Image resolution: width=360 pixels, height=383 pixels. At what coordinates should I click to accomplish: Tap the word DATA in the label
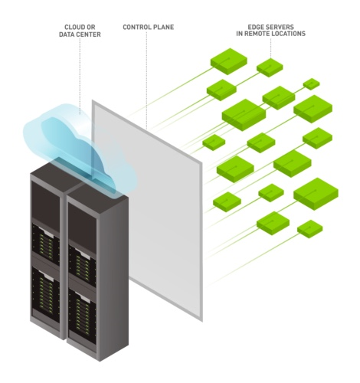(x=67, y=34)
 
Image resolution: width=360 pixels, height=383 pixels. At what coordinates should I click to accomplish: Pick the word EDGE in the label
(x=256, y=27)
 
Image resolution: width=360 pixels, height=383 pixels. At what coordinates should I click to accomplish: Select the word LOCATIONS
(x=289, y=34)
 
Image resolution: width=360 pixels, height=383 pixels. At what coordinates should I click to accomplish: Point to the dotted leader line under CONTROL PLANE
(x=147, y=80)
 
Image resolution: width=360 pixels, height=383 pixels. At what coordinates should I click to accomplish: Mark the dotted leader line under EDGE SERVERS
(x=270, y=47)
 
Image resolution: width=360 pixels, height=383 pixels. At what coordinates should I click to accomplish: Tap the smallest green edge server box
(x=311, y=84)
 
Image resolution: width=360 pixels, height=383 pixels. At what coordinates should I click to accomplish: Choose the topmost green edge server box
(x=229, y=61)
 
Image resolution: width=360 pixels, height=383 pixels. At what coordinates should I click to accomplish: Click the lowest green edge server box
(x=309, y=229)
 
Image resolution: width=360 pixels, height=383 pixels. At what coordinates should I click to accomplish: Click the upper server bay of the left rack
(x=45, y=244)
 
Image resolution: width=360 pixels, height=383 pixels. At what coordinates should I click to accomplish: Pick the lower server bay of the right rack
(x=82, y=316)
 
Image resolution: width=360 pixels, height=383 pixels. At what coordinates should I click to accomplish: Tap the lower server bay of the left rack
(x=45, y=293)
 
